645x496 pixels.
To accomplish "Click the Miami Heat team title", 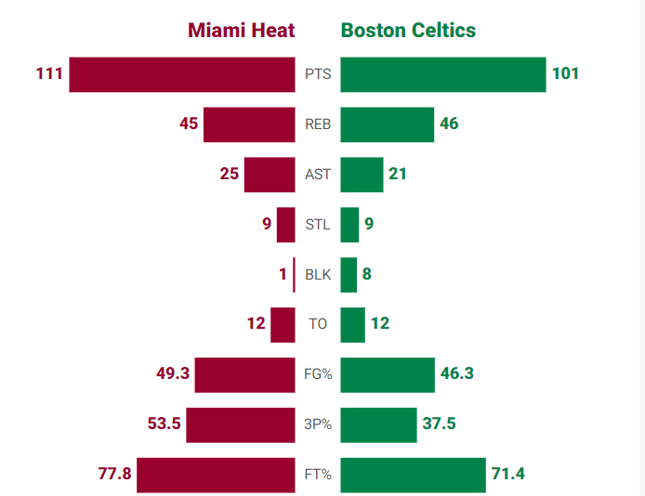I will tap(242, 30).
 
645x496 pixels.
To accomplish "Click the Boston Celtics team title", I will tap(408, 30).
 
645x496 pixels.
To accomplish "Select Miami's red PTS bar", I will tap(182, 74).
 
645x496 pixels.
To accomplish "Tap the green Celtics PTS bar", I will tap(443, 74).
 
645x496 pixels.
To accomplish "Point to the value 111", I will tap(49, 73).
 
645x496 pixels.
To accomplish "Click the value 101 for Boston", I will tap(565, 73).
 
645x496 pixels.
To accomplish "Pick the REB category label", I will tap(318, 124).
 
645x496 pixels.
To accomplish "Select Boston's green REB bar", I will tap(388, 124).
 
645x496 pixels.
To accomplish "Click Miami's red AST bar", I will tap(270, 175).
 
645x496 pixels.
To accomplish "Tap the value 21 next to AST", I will tap(398, 174).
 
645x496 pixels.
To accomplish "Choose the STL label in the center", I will tap(318, 225).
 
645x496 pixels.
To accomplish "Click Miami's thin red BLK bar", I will tap(294, 275).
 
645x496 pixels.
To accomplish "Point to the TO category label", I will tap(318, 325).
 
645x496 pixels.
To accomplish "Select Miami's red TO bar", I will tap(283, 325).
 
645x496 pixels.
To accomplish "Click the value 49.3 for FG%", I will tap(173, 373).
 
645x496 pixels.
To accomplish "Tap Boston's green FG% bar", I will tap(388, 374).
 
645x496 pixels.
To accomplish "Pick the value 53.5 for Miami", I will tap(164, 424).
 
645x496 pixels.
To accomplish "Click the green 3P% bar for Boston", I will tap(378, 424).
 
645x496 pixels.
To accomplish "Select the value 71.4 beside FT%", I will tap(507, 474).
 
